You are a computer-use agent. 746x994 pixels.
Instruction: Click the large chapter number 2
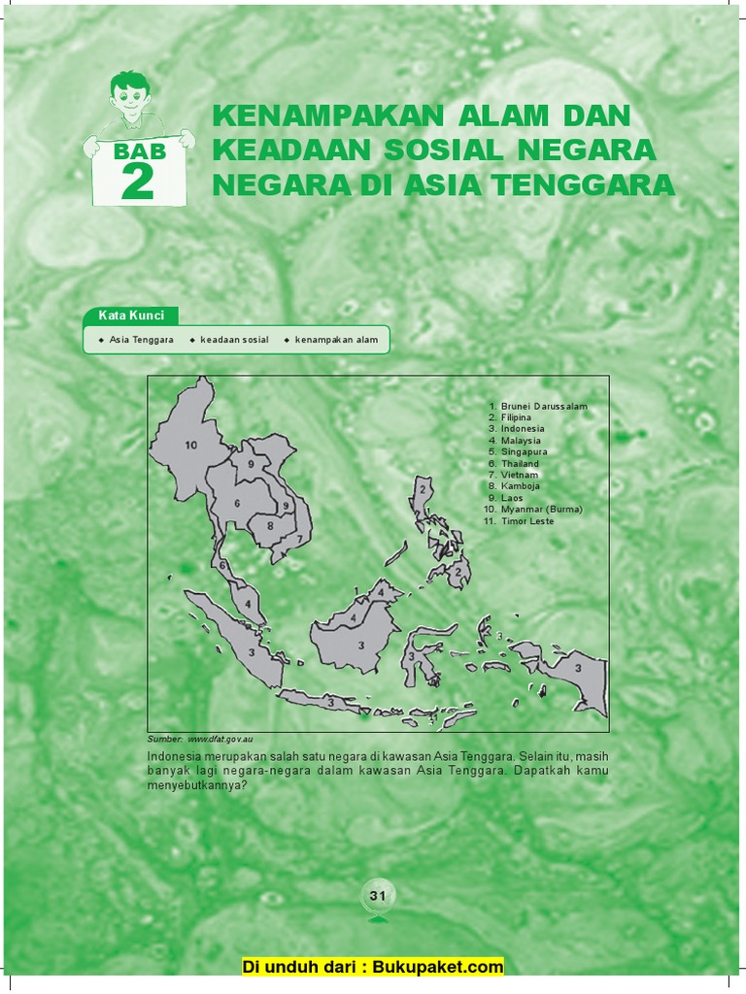[x=138, y=182]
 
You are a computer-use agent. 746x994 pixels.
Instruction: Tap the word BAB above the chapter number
[x=140, y=151]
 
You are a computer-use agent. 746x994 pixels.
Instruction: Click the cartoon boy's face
[x=129, y=96]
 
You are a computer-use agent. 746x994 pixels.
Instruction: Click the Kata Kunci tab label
[x=131, y=315]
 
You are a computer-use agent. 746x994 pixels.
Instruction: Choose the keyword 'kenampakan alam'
[x=336, y=341]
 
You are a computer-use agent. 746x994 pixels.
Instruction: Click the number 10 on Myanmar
[x=190, y=446]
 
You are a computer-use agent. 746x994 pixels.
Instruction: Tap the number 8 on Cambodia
[x=270, y=526]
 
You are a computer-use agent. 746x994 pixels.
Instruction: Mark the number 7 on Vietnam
[x=299, y=538]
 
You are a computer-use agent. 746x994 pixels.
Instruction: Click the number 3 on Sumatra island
[x=251, y=652]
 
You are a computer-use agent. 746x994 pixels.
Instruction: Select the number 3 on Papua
[x=578, y=668]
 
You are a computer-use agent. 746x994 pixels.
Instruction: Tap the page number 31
[x=378, y=895]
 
